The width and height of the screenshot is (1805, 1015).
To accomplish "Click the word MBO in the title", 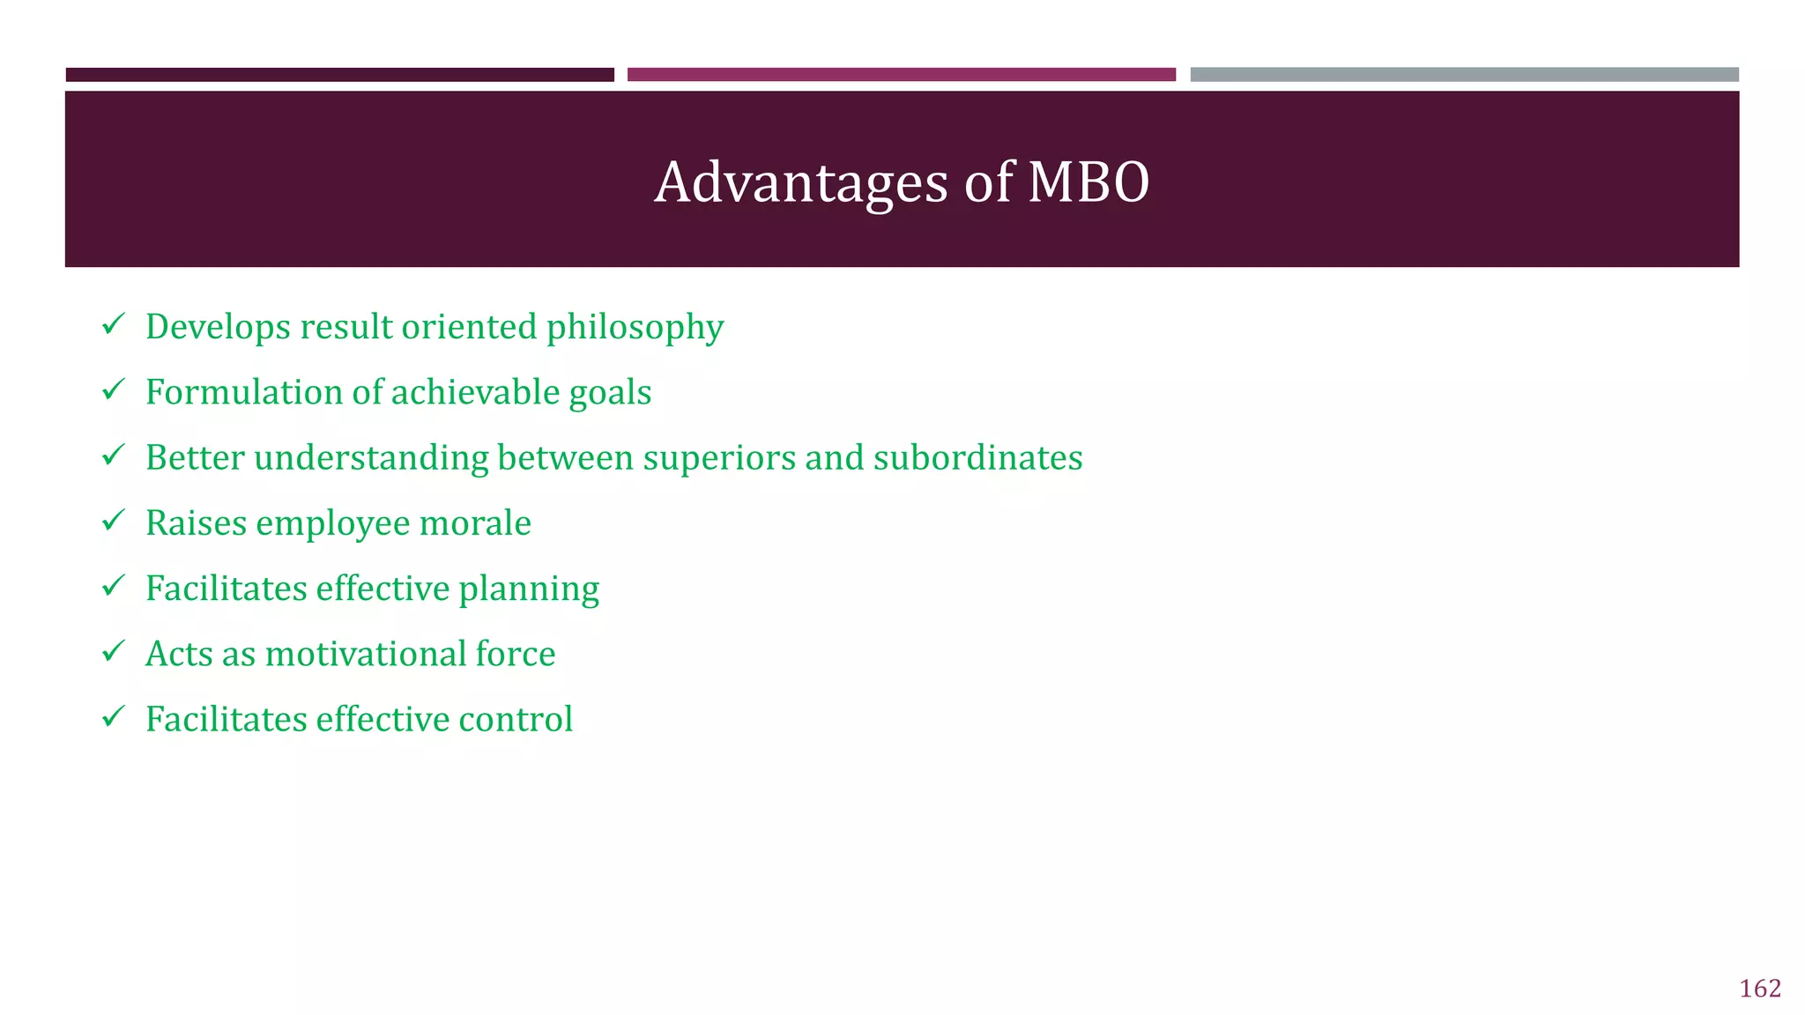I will pyautogui.click(x=1088, y=182).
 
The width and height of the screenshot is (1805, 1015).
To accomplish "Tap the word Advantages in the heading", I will pyautogui.click(x=801, y=182).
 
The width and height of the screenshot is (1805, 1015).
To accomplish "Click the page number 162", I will pyautogui.click(x=1759, y=989).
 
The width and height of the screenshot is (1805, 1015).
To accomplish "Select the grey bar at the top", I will pyautogui.click(x=1464, y=75).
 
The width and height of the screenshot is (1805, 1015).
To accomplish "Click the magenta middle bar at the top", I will pyautogui.click(x=901, y=75).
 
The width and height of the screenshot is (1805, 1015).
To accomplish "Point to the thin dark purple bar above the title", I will pyautogui.click(x=339, y=75).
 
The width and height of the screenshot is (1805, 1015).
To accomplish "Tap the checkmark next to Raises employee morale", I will pyautogui.click(x=113, y=521).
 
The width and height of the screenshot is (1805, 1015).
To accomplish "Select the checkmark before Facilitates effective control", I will pyautogui.click(x=113, y=716).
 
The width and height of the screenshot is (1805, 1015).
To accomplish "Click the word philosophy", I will pyautogui.click(x=635, y=328).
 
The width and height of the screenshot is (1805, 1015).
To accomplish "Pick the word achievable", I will pyautogui.click(x=475, y=392).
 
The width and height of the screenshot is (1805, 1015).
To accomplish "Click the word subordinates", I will pyautogui.click(x=977, y=457).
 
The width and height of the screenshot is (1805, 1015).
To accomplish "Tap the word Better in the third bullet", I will pyautogui.click(x=194, y=457).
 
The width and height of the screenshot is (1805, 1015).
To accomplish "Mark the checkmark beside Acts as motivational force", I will pyautogui.click(x=113, y=651).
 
